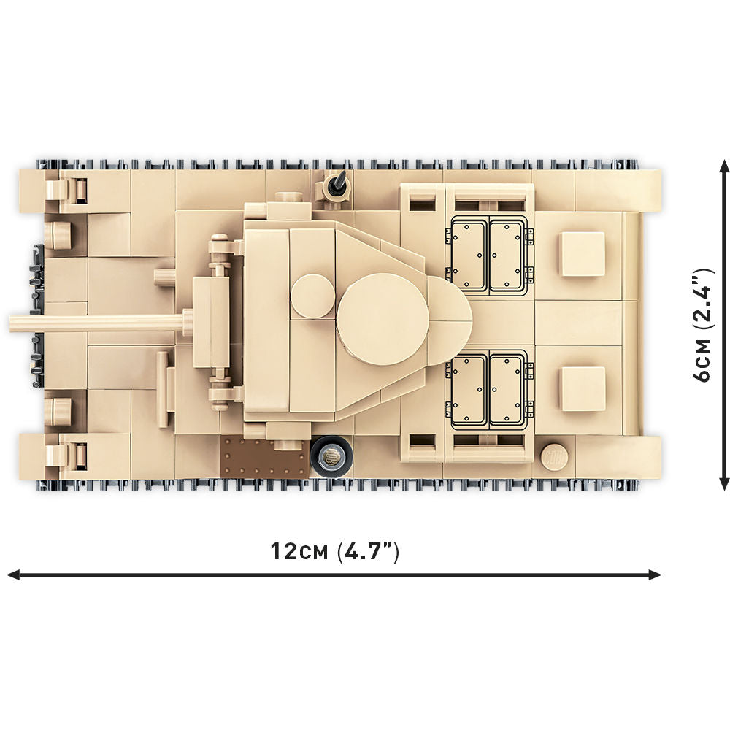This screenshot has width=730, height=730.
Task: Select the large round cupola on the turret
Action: pyautogui.click(x=382, y=318)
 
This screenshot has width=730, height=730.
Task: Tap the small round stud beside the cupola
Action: pyautogui.click(x=312, y=296)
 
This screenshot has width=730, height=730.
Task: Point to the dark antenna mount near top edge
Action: pyautogui.click(x=338, y=185)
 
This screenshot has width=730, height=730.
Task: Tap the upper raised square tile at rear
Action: pyautogui.click(x=583, y=254)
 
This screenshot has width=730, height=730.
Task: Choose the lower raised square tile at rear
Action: pyautogui.click(x=583, y=388)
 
